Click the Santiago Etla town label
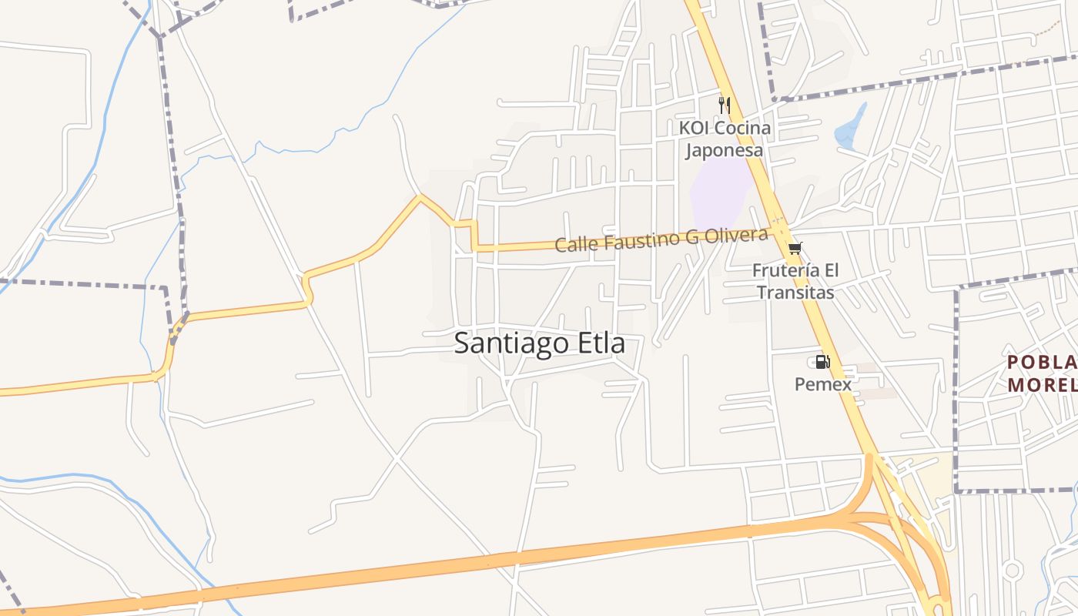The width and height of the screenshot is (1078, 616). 539,343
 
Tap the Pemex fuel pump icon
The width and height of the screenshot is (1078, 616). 822,362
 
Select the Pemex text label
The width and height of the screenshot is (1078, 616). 823,383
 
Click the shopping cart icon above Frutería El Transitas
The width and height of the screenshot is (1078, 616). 795,248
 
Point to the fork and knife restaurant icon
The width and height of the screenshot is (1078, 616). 724,105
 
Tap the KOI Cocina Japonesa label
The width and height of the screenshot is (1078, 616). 725,139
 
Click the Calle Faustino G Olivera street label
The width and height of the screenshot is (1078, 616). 661,240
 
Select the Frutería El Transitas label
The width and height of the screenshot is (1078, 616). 795,282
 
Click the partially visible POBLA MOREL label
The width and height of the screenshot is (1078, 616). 1043,373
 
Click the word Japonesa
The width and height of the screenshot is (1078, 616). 725,149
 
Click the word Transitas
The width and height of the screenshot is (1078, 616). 795,293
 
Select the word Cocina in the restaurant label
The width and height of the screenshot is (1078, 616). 743,128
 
